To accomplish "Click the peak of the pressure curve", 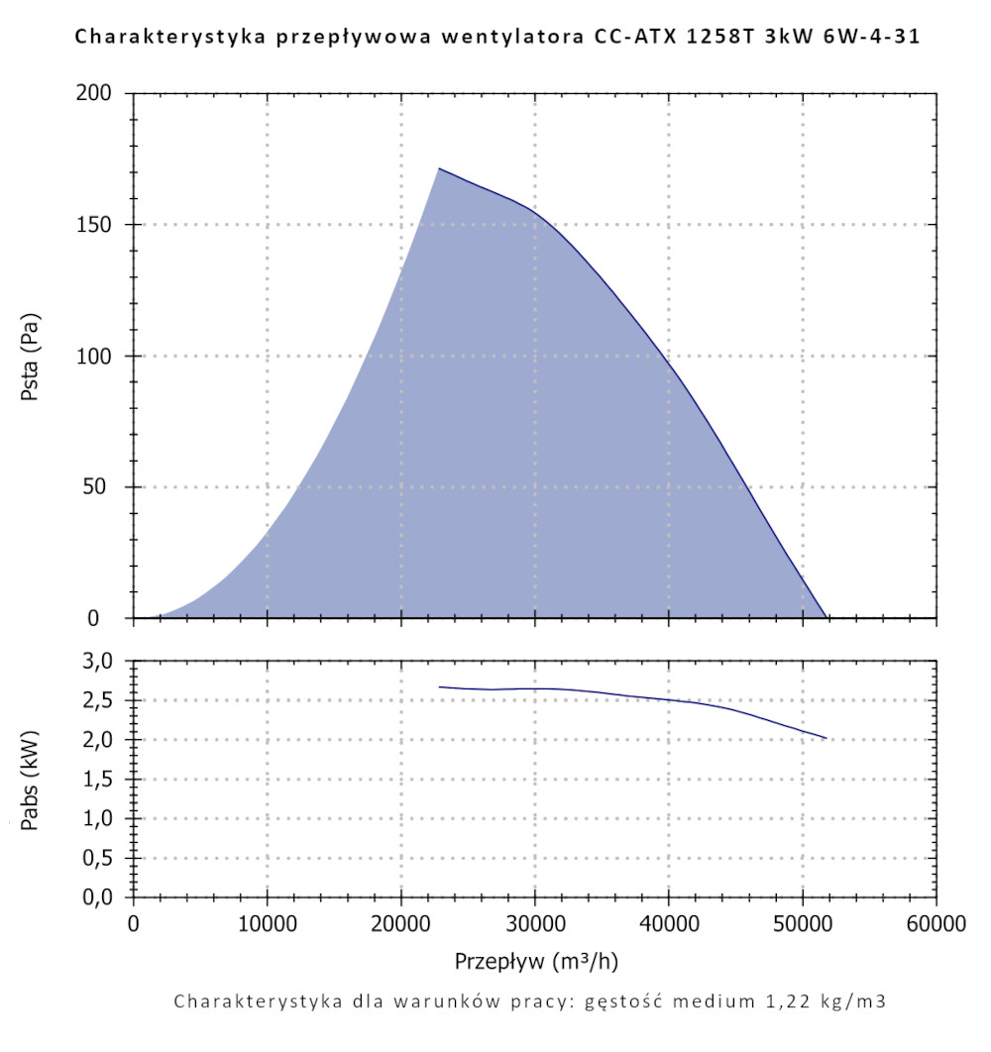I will click(439, 168).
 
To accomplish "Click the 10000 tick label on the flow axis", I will click(267, 925).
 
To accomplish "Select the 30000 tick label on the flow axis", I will click(534, 925).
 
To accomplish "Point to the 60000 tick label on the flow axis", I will click(936, 925).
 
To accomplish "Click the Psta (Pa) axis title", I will click(33, 357).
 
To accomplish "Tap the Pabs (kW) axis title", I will click(33, 780).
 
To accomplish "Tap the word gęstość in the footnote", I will click(620, 1000).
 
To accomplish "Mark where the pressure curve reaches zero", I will click(826, 617).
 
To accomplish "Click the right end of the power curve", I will click(826, 738).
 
